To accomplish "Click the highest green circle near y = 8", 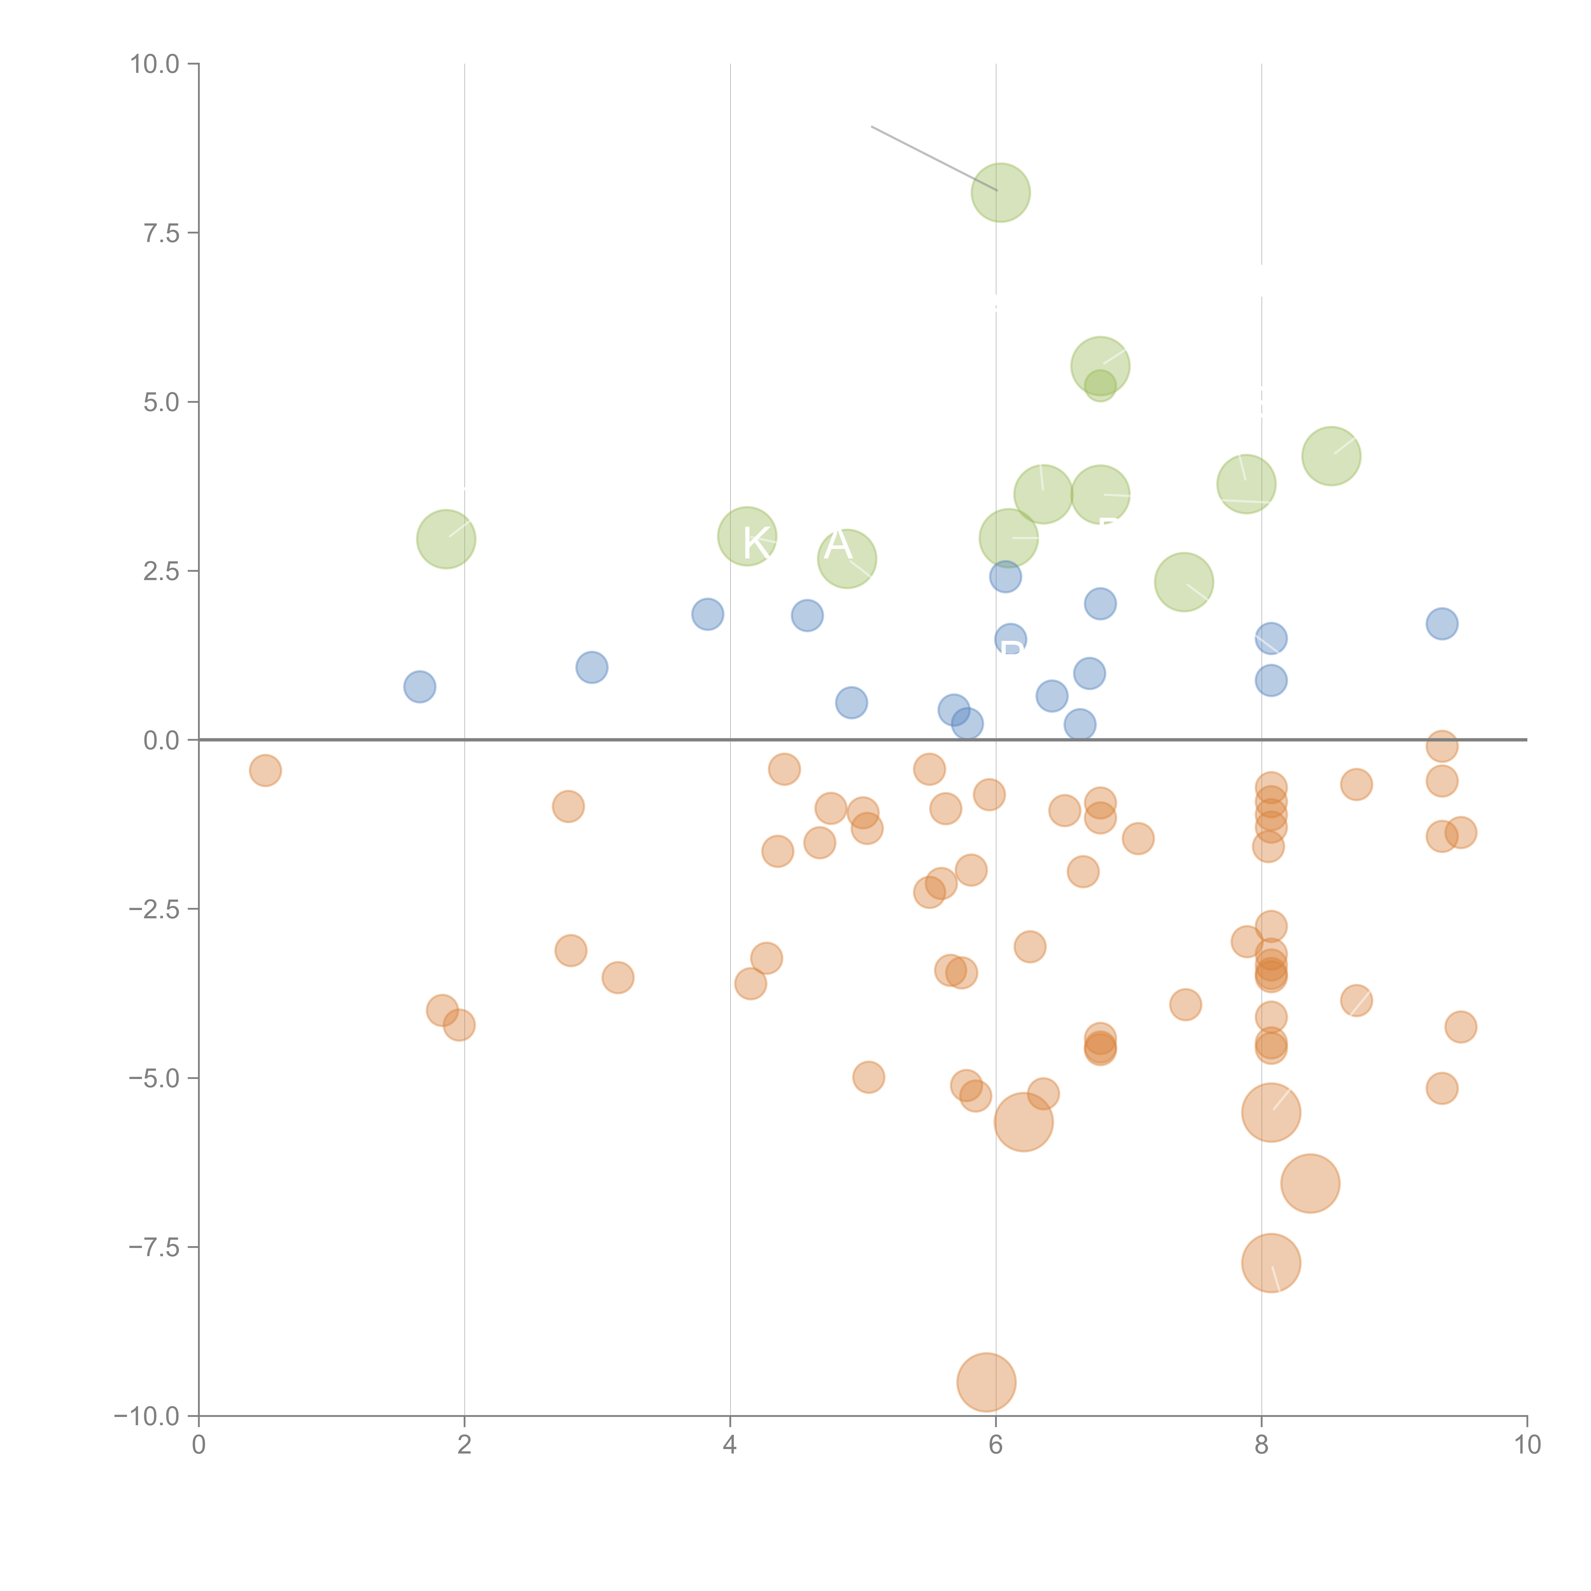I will click(1000, 193).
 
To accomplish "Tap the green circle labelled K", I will click(747, 536).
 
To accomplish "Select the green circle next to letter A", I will click(846, 559).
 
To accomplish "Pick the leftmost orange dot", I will click(265, 771).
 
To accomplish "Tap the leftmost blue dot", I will click(420, 687).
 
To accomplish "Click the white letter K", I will click(756, 543).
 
